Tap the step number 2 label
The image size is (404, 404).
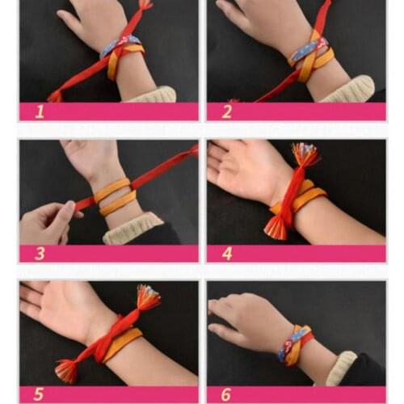[x=227, y=112]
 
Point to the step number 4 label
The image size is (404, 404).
[x=227, y=254]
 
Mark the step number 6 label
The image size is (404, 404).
[x=227, y=393]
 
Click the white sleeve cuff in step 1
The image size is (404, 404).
[x=154, y=94]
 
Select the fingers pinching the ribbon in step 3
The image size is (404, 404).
[x=61, y=212]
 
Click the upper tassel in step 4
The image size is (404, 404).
[x=305, y=154]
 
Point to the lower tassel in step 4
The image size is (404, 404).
[x=275, y=228]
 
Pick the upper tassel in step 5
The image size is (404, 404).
[x=148, y=297]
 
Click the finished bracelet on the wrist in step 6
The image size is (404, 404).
[x=294, y=343]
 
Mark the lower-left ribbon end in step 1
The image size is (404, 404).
[x=55, y=95]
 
